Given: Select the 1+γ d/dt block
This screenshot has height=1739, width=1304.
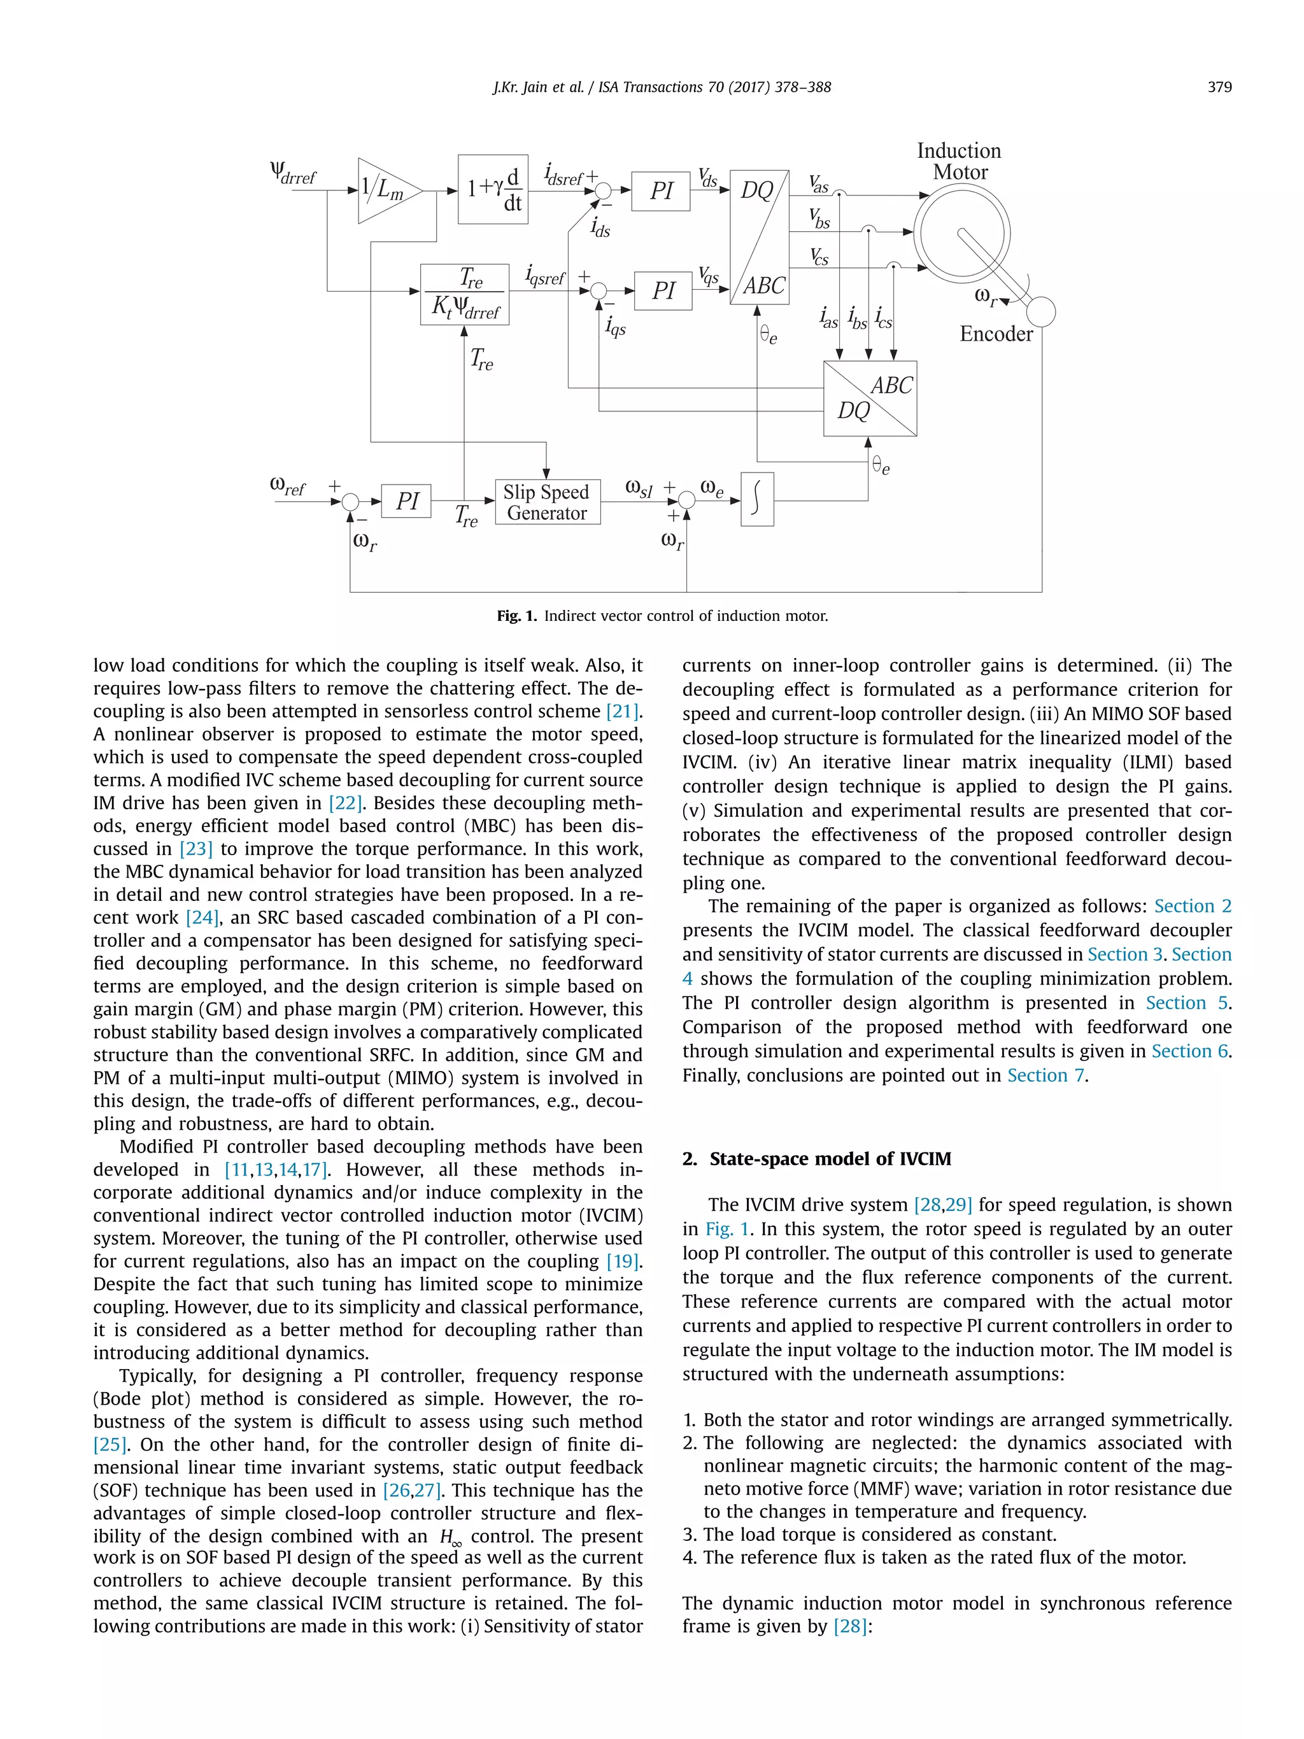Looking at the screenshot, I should pos(493,190).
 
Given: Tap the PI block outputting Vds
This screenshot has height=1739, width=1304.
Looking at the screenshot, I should pos(660,191).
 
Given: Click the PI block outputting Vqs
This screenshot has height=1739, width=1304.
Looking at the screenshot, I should pos(663,291).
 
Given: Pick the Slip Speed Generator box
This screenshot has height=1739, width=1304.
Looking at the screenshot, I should pos(547,502).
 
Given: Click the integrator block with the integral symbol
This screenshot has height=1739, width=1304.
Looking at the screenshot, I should pos(757,499).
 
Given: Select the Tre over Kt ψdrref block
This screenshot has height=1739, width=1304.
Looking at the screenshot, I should pos(465,295).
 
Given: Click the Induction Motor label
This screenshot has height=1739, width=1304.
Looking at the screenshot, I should pos(959,161).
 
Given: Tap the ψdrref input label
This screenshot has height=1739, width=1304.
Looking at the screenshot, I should pos(292,171).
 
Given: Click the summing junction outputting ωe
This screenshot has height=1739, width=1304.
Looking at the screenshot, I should pos(686,500).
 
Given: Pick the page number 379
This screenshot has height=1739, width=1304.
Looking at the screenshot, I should pos(1219,87).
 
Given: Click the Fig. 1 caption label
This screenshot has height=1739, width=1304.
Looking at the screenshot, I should pos(516,616).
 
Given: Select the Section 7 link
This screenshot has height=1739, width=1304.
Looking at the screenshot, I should pos(1045,1075).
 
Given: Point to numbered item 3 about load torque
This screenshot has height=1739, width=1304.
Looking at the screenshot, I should pos(868,1535).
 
